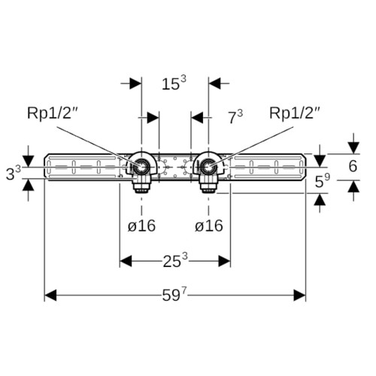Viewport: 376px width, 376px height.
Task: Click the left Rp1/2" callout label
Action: (51, 114)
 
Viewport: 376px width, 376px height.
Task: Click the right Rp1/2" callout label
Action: (295, 114)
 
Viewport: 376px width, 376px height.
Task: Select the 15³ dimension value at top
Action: (174, 83)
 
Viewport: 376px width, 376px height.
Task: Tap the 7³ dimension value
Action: (235, 117)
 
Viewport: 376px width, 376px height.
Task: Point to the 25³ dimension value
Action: (175, 260)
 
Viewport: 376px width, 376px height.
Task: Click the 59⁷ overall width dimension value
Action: (174, 294)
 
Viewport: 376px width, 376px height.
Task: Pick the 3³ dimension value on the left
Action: (14, 173)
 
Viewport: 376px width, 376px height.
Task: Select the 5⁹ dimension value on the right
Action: (323, 180)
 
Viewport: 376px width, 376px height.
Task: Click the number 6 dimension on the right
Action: (353, 166)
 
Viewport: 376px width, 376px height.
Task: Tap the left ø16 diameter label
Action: (141, 226)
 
